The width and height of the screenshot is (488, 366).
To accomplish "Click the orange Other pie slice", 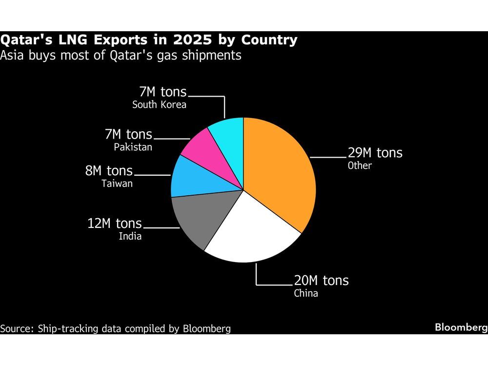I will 278,171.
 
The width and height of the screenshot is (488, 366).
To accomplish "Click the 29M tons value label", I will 375,153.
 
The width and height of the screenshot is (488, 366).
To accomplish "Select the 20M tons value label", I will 321,281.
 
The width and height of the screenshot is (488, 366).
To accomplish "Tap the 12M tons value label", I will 115,224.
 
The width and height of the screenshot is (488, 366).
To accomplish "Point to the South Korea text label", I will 159,104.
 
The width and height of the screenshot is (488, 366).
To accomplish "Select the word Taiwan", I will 117,184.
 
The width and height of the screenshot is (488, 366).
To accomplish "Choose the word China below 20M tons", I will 306,293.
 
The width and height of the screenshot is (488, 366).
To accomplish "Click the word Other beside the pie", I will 360,166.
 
